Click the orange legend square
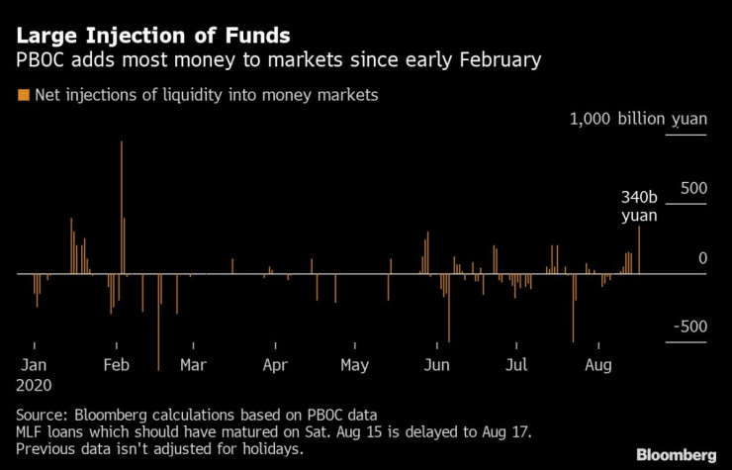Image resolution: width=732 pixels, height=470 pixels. pyautogui.click(x=23, y=95)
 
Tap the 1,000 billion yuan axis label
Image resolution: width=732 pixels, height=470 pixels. pyautogui.click(x=638, y=120)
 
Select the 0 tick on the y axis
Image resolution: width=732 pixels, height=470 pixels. pyautogui.click(x=702, y=258)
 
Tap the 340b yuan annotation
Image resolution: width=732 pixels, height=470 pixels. pyautogui.click(x=638, y=206)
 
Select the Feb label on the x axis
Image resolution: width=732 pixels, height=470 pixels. pyautogui.click(x=118, y=365)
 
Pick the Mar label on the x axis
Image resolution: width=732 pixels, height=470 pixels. pyautogui.click(x=193, y=365)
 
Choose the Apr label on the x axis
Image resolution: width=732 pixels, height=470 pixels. pyautogui.click(x=276, y=365)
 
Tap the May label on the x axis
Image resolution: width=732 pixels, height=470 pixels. pyautogui.click(x=354, y=365)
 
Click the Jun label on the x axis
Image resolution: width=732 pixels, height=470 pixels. pyautogui.click(x=436, y=365)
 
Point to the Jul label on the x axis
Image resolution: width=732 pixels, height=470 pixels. pyautogui.click(x=515, y=365)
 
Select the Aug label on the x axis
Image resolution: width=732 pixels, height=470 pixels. pyautogui.click(x=597, y=365)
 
